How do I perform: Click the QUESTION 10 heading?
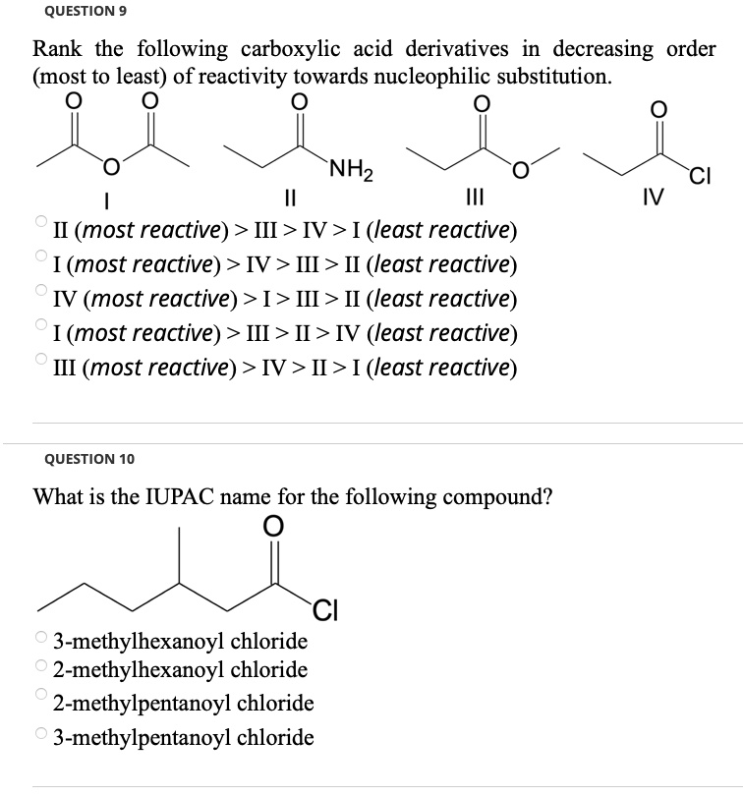(89, 459)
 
